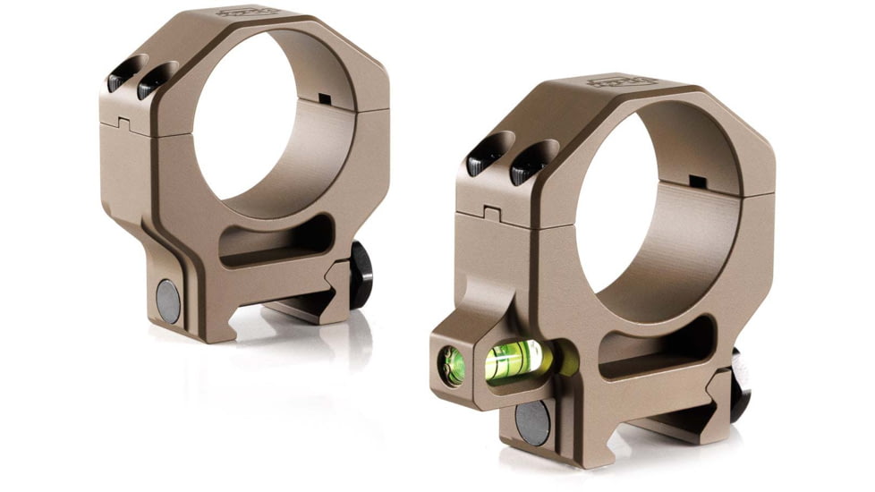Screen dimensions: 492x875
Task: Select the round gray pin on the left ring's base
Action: pos(167,301)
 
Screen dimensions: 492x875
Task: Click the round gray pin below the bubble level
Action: pos(533,420)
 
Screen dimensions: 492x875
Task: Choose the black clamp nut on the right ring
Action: pos(740,385)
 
